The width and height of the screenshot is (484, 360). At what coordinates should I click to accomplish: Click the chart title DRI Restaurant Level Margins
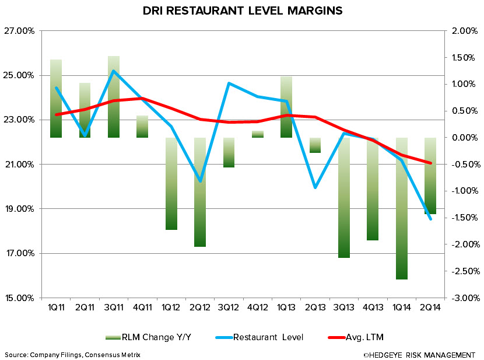point(242,11)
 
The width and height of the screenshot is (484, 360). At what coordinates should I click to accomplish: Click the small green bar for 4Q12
point(257,134)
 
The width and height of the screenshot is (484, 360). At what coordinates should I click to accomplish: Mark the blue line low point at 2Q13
point(315,187)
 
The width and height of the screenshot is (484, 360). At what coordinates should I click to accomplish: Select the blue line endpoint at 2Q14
point(430,219)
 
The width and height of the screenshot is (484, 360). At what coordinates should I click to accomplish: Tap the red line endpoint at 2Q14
point(430,163)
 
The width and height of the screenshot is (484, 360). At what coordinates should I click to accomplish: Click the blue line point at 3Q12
point(229,83)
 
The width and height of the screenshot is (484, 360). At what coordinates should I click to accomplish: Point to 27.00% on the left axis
point(20,31)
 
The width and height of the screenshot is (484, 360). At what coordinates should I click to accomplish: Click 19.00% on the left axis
point(20,209)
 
